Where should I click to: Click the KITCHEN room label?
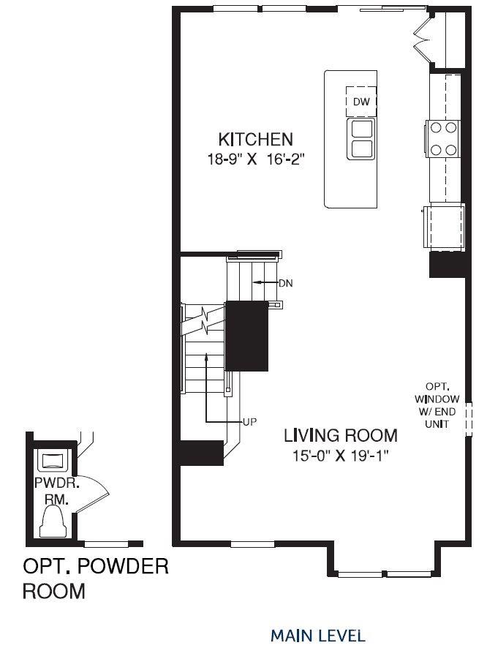pyautogui.click(x=255, y=139)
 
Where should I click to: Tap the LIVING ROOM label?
pyautogui.click(x=341, y=435)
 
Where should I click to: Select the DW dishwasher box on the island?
pyautogui.click(x=361, y=102)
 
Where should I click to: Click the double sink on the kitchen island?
pyautogui.click(x=360, y=138)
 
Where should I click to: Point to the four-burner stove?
pyautogui.click(x=442, y=138)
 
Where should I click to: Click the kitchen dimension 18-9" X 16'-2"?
pyautogui.click(x=255, y=159)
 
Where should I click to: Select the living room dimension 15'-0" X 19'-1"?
pyautogui.click(x=341, y=456)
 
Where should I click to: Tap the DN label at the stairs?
pyautogui.click(x=286, y=283)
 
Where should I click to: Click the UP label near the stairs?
pyautogui.click(x=249, y=422)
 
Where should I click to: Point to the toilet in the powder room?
pyautogui.click(x=53, y=522)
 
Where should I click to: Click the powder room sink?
pyautogui.click(x=52, y=461)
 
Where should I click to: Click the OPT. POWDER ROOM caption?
pyautogui.click(x=95, y=579)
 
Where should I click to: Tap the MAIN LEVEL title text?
pyautogui.click(x=317, y=635)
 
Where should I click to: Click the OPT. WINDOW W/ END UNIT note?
pyautogui.click(x=437, y=405)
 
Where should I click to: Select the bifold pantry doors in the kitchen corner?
pyautogui.click(x=423, y=39)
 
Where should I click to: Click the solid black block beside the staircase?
pyautogui.click(x=247, y=336)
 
